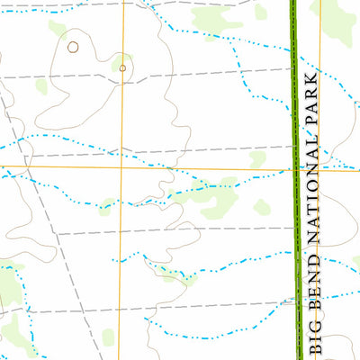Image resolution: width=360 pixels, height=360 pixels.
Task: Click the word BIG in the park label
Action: (314, 335)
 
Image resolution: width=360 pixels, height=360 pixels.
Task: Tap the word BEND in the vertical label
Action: (314, 289)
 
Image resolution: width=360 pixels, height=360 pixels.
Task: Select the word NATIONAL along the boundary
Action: (314, 191)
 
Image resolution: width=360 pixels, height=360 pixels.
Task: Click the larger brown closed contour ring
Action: (73, 45)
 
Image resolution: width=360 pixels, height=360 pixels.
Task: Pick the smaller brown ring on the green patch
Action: (121, 67)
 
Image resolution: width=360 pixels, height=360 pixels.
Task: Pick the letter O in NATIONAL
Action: (314, 189)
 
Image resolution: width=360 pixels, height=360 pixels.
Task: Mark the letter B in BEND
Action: (314, 307)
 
